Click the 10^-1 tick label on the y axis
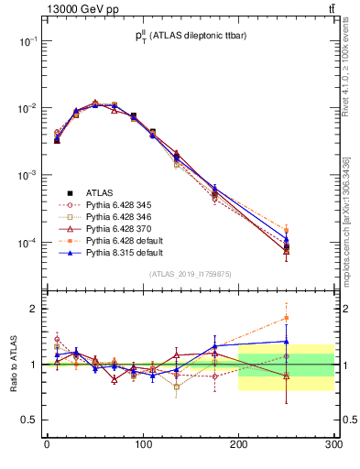[x=27, y=41]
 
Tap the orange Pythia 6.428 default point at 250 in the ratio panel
[x=287, y=318]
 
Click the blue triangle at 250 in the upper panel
[x=287, y=238]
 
